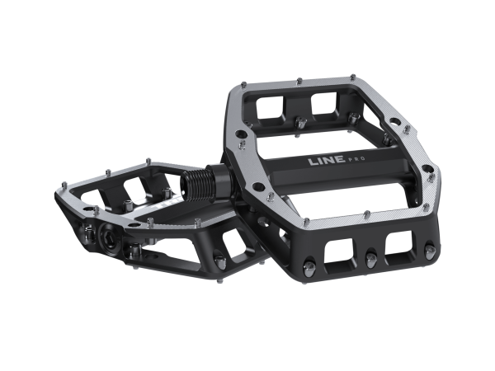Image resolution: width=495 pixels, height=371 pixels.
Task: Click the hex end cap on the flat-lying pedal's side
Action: (109, 236)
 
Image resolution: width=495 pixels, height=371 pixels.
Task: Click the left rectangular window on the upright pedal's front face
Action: (339, 251)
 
